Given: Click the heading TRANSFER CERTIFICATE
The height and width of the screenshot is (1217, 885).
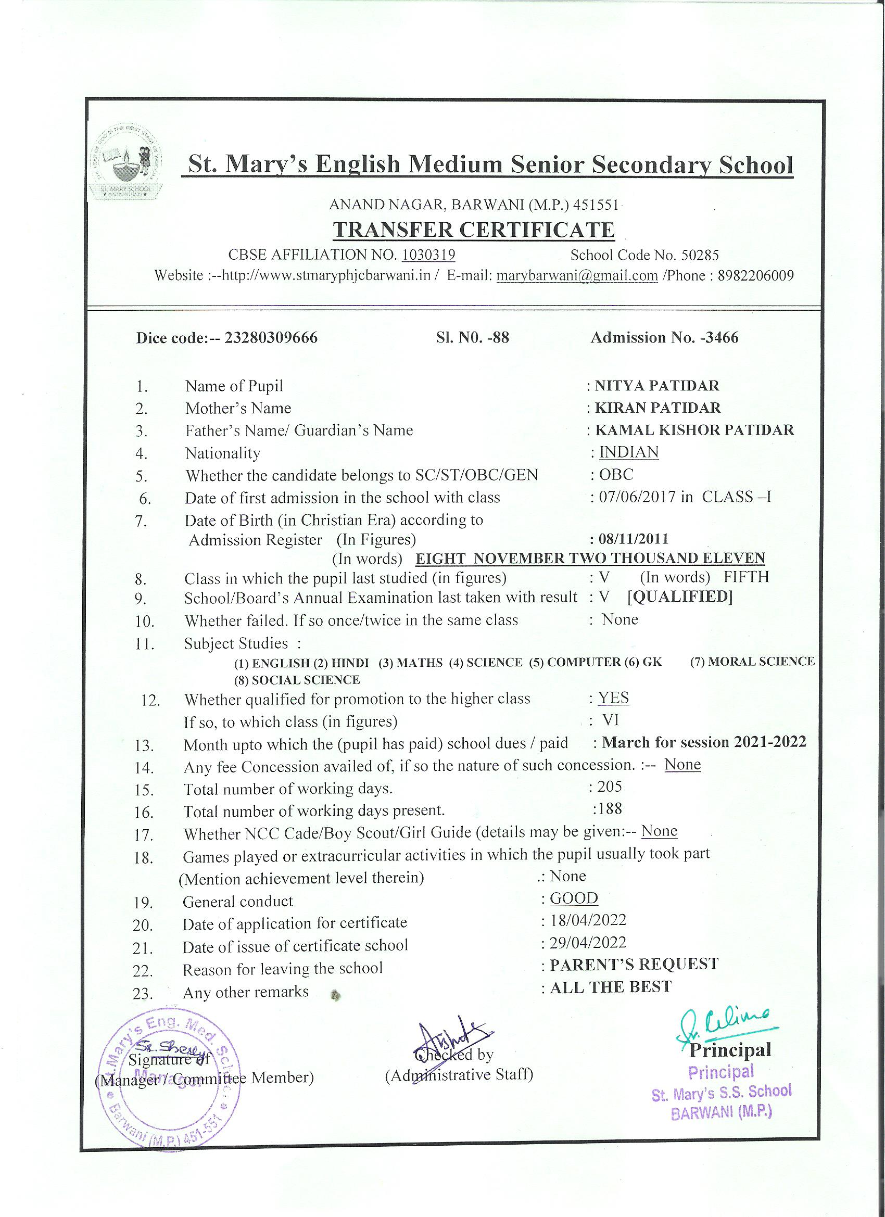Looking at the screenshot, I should click(474, 230).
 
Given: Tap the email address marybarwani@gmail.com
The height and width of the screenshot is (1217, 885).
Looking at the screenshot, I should click(577, 276).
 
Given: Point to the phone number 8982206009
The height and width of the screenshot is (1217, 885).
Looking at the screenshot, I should click(756, 276).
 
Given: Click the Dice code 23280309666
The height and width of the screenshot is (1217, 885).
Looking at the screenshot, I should click(271, 337).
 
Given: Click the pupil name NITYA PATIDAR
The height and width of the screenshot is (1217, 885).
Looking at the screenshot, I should click(657, 385).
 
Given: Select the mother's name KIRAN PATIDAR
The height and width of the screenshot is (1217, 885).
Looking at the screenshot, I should click(658, 408).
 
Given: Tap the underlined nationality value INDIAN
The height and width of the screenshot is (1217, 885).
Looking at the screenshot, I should click(628, 452).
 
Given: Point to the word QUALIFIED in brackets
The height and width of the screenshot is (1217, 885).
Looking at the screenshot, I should click(680, 597).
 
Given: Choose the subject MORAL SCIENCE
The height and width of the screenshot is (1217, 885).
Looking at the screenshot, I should click(752, 662).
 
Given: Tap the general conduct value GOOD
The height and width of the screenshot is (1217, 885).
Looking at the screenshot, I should click(574, 898).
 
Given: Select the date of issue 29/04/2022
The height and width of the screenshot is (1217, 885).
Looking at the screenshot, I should click(588, 943).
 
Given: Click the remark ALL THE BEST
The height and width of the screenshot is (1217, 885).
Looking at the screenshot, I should click(610, 987).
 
